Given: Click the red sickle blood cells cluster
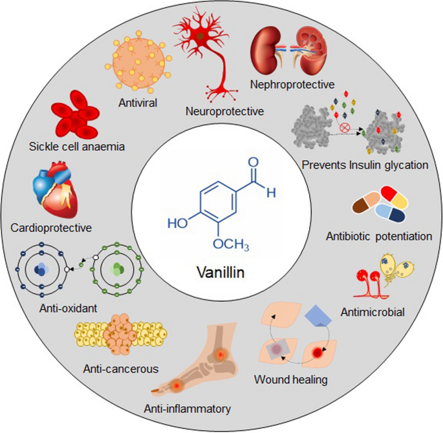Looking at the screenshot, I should point(74,116).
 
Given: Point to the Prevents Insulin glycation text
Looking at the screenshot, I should point(365,165).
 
